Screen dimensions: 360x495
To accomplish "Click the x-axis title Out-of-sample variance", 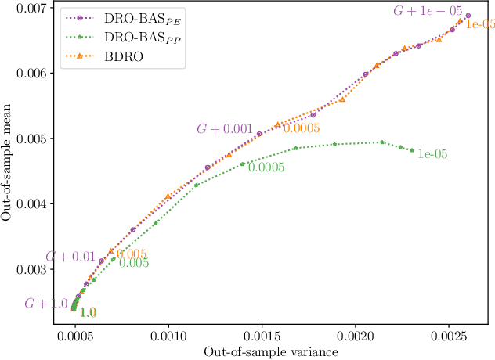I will coord(270,352).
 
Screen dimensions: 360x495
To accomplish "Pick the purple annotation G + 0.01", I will coord(70,257).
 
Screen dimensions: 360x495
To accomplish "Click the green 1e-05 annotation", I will coord(432,154).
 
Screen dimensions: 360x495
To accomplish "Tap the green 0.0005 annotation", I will coord(266,167).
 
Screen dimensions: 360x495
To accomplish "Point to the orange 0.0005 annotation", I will coord(302,128).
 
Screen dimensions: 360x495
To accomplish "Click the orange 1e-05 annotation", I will coord(480,24).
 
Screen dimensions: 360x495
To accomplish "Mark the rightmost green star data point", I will coord(412,150).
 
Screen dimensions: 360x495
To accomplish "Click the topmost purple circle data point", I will coord(468,16).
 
